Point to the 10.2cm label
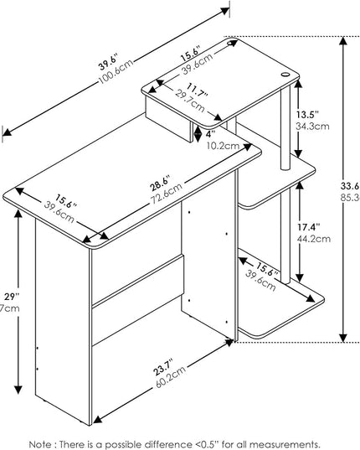point(223,144)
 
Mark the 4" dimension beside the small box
point(212,132)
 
